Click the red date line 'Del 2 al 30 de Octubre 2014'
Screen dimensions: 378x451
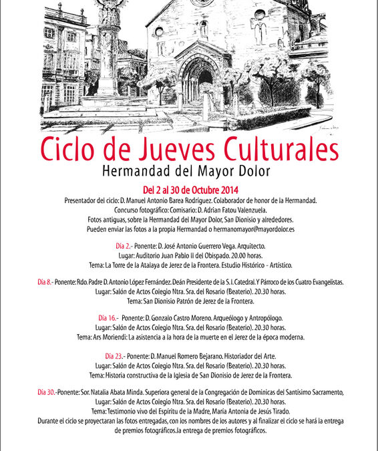coord(189,190)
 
